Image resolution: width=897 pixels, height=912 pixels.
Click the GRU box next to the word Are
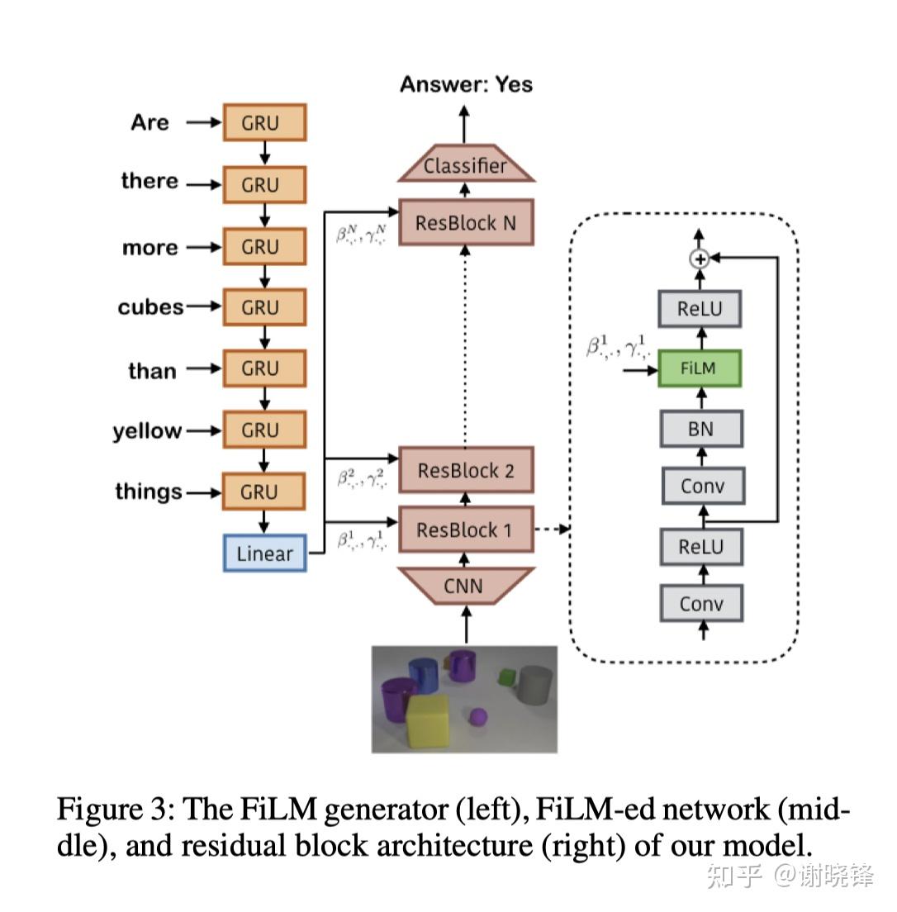coord(264,123)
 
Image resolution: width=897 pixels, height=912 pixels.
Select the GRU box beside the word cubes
coord(264,307)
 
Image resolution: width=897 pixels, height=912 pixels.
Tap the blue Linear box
coord(264,553)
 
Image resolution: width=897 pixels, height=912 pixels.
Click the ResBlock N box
coord(466,223)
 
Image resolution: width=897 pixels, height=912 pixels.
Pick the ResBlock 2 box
coord(466,471)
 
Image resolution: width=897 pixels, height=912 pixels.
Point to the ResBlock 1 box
coord(466,530)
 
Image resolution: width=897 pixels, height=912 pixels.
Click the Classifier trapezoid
coord(466,166)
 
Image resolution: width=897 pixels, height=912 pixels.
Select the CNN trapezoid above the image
coord(466,587)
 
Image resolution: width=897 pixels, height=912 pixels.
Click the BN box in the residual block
coord(701,429)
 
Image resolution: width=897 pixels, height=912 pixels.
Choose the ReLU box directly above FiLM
coord(700,309)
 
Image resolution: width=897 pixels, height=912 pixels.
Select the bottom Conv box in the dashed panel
coord(701,604)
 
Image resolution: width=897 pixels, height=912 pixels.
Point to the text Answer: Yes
coord(466,84)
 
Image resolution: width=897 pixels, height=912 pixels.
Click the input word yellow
coord(148,431)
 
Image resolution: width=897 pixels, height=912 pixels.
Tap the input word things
coord(149,492)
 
